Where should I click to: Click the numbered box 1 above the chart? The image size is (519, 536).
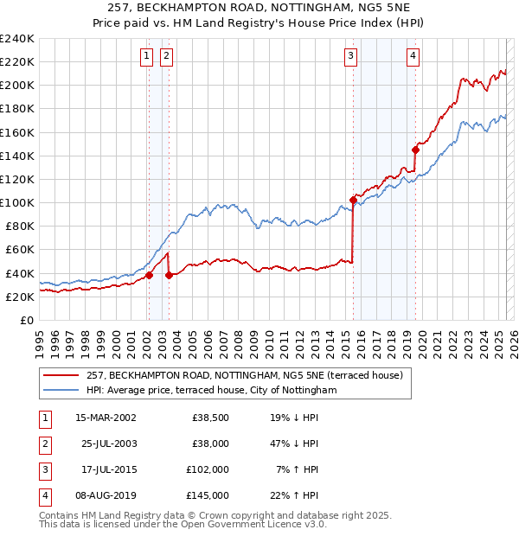[146, 57]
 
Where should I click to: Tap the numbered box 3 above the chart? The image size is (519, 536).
[351, 57]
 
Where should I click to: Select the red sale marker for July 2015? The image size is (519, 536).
[353, 201]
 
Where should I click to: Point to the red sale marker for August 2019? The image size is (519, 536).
[415, 150]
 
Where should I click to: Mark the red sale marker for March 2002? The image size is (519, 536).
[149, 275]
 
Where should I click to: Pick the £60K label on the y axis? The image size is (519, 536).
[20, 250]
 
